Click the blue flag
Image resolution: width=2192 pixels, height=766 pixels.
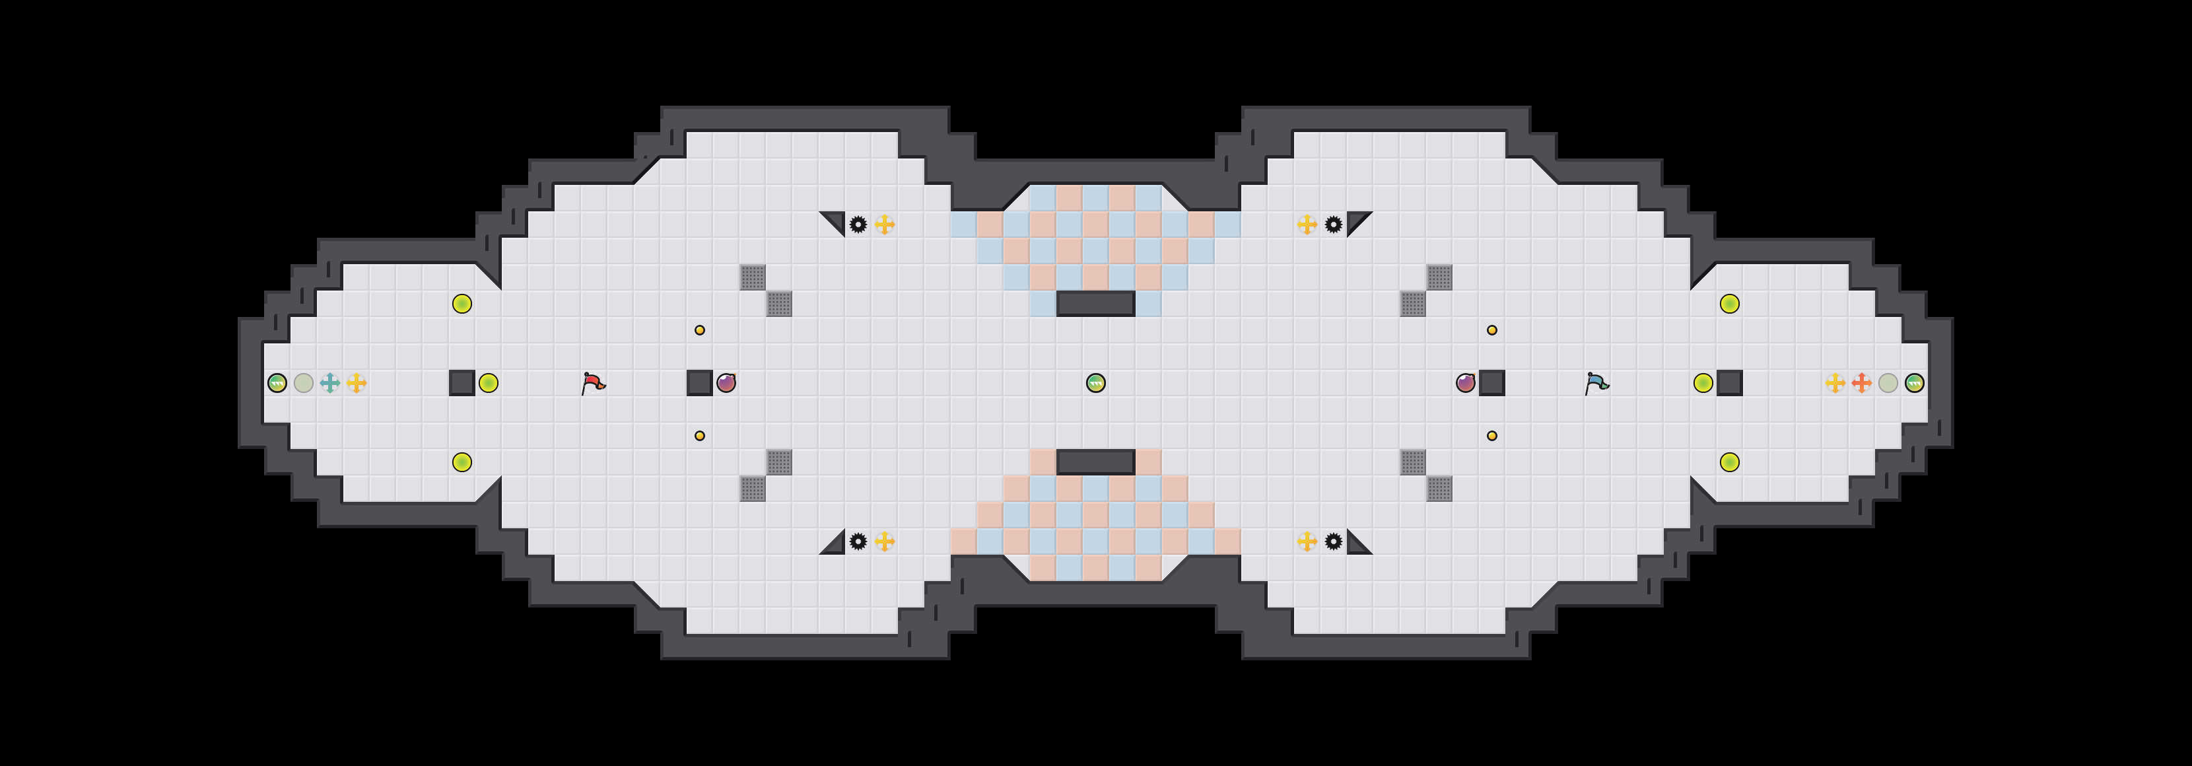pyautogui.click(x=1596, y=383)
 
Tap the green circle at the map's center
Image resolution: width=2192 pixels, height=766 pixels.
pyautogui.click(x=1096, y=383)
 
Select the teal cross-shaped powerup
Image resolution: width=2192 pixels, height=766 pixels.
pyautogui.click(x=330, y=383)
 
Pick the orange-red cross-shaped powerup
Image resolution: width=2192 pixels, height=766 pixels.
pyautogui.click(x=1862, y=383)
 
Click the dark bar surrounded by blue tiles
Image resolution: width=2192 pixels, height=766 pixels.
pyautogui.click(x=1096, y=303)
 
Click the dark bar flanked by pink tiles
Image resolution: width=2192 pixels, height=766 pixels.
pyautogui.click(x=1096, y=462)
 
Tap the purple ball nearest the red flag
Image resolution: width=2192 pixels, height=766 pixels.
pyautogui.click(x=726, y=383)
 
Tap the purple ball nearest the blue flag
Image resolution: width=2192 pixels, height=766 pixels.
pyautogui.click(x=1465, y=383)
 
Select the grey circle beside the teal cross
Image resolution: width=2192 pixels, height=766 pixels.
pyautogui.click(x=304, y=383)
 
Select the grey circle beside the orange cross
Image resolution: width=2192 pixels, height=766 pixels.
pyautogui.click(x=1888, y=383)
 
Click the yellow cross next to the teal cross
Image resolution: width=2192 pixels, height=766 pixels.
pyautogui.click(x=357, y=383)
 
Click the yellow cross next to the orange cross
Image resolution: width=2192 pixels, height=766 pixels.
pyautogui.click(x=1835, y=383)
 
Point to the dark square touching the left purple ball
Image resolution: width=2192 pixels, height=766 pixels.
pyautogui.click(x=699, y=383)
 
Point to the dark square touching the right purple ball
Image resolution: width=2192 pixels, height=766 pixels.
pyautogui.click(x=1491, y=383)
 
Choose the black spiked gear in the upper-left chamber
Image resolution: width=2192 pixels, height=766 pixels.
pyautogui.click(x=858, y=225)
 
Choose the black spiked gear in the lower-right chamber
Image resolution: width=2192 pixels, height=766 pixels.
pyautogui.click(x=1334, y=541)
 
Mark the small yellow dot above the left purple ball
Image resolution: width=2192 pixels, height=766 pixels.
pyautogui.click(x=699, y=330)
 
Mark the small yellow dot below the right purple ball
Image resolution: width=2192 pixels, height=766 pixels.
pyautogui.click(x=1491, y=436)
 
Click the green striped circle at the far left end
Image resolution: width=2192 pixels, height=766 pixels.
pyautogui.click(x=277, y=383)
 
